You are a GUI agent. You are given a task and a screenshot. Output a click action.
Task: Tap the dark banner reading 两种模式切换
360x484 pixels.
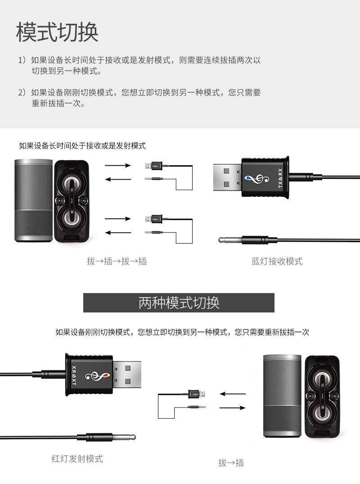point(179,303)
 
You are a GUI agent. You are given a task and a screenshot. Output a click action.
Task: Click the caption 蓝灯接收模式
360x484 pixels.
point(277,261)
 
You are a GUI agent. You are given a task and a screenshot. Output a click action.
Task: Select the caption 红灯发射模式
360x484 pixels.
point(77,459)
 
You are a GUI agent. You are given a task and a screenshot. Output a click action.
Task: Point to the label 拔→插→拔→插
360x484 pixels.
point(117,261)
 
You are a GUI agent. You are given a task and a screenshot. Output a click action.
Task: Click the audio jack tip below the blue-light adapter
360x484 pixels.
point(221,240)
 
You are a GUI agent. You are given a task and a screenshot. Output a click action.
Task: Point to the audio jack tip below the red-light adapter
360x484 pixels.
point(131,437)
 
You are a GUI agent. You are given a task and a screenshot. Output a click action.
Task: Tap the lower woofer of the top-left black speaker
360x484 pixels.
point(72,218)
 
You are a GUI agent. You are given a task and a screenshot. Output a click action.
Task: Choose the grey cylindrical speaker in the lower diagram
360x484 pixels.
point(282,396)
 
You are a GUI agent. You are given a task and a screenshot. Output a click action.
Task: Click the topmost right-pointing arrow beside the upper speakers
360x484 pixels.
point(118,166)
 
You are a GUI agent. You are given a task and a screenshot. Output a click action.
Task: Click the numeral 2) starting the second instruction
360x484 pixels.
point(22,93)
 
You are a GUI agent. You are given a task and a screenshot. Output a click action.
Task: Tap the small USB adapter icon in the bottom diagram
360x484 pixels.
point(196,394)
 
